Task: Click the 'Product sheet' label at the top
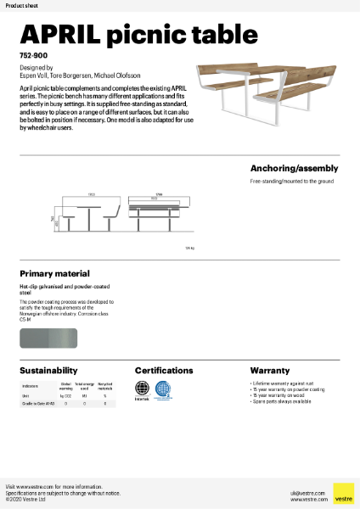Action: click(21, 5)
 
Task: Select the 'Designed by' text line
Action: click(36, 66)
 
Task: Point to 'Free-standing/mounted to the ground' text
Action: click(291, 182)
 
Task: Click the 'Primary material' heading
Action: click(54, 274)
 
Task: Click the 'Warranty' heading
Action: click(270, 371)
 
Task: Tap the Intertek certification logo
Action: click(143, 391)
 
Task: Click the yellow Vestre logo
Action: click(344, 493)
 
